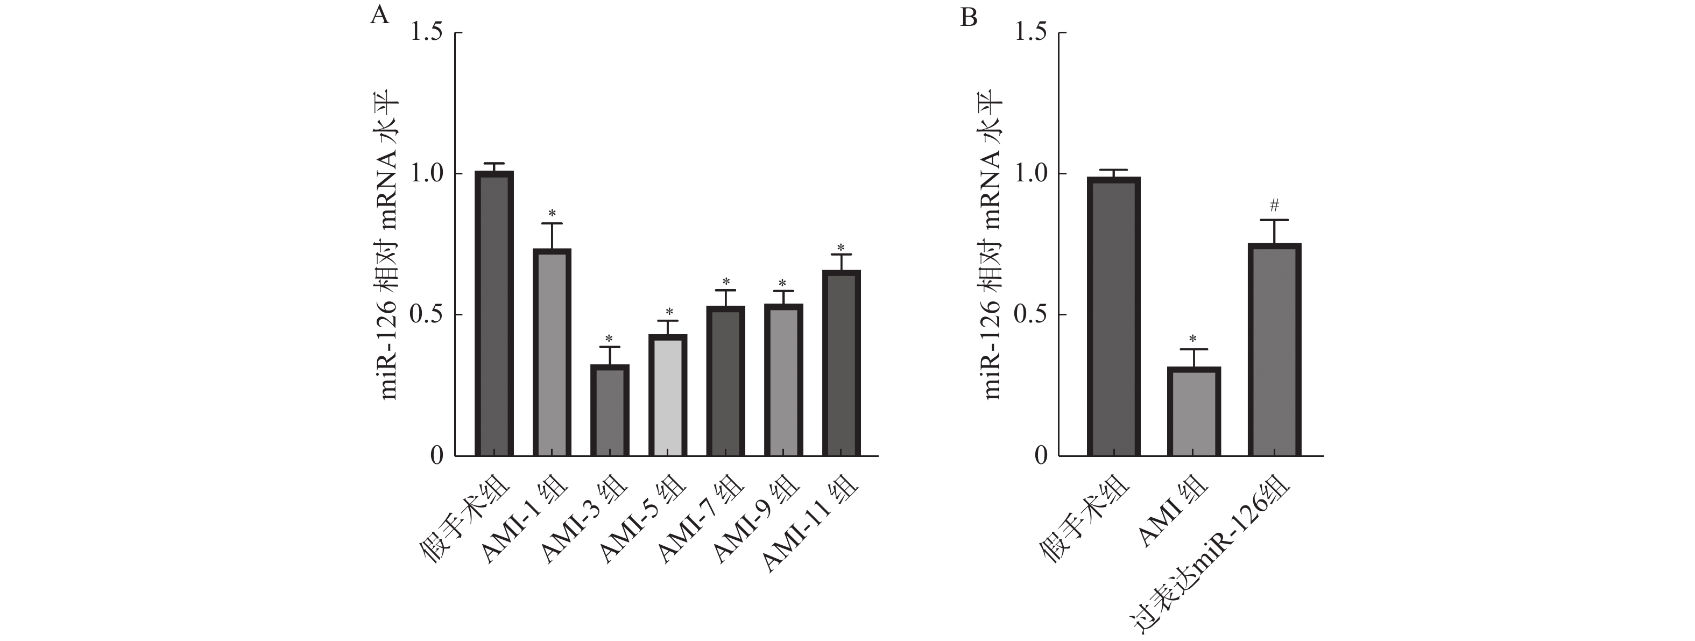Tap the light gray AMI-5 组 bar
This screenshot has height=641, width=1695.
tap(667, 395)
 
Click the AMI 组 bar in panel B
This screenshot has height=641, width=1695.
tap(1193, 411)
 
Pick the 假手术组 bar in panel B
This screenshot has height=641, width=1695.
tap(1113, 316)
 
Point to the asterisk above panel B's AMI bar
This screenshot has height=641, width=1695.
tap(1193, 340)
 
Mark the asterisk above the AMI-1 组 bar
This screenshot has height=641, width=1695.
tap(552, 213)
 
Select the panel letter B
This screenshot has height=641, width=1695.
tap(969, 17)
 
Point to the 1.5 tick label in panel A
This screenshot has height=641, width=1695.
tap(427, 33)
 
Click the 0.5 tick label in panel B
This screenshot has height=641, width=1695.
tap(1031, 314)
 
